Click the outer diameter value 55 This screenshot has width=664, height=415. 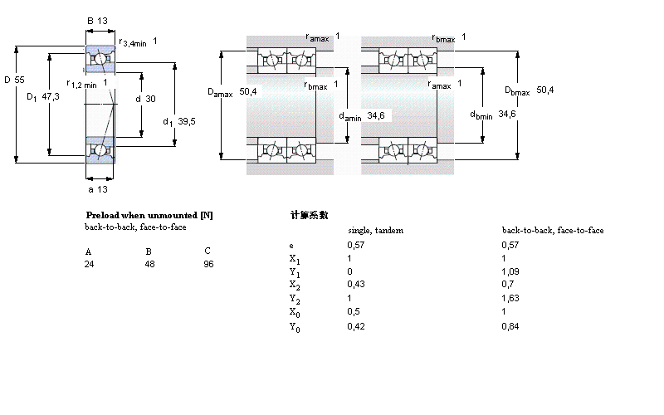pos(20,79)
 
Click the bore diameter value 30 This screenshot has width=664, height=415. pos(150,98)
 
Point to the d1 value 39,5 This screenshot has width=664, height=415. pos(187,121)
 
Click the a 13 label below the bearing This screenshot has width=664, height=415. pos(97,188)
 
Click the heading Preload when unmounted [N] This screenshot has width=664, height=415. pos(149,215)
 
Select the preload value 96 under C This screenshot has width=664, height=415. pos(208,263)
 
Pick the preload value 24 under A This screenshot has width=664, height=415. pos(90,263)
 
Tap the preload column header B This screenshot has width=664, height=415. pos(149,251)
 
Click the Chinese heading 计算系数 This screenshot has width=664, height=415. pos(309,215)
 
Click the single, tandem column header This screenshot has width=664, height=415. pos(374,230)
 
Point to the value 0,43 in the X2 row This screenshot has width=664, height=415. pos(354,285)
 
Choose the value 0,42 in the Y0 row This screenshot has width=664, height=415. pos(355,326)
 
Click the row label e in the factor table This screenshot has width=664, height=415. pos(290,246)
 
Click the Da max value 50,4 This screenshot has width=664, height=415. pos(247,91)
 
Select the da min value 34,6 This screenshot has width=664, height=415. pos(376,115)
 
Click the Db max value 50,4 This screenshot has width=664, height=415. pos(545,90)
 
